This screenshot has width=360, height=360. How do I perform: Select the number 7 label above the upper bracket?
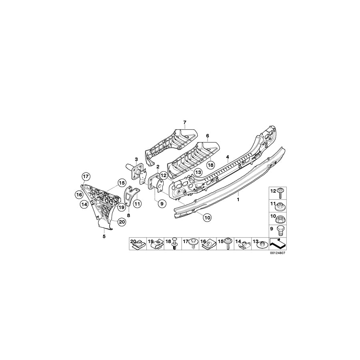point(185,122)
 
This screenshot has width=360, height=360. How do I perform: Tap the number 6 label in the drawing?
point(208,136)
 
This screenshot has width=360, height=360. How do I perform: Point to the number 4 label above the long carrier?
point(228,157)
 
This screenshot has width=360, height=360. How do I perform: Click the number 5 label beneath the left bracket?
point(104,236)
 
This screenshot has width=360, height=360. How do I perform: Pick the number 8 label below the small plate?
point(128,215)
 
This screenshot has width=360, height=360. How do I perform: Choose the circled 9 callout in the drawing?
point(162,204)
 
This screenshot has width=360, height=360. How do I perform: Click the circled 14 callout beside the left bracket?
point(84,204)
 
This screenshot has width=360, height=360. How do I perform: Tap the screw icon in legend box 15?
point(230,244)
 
